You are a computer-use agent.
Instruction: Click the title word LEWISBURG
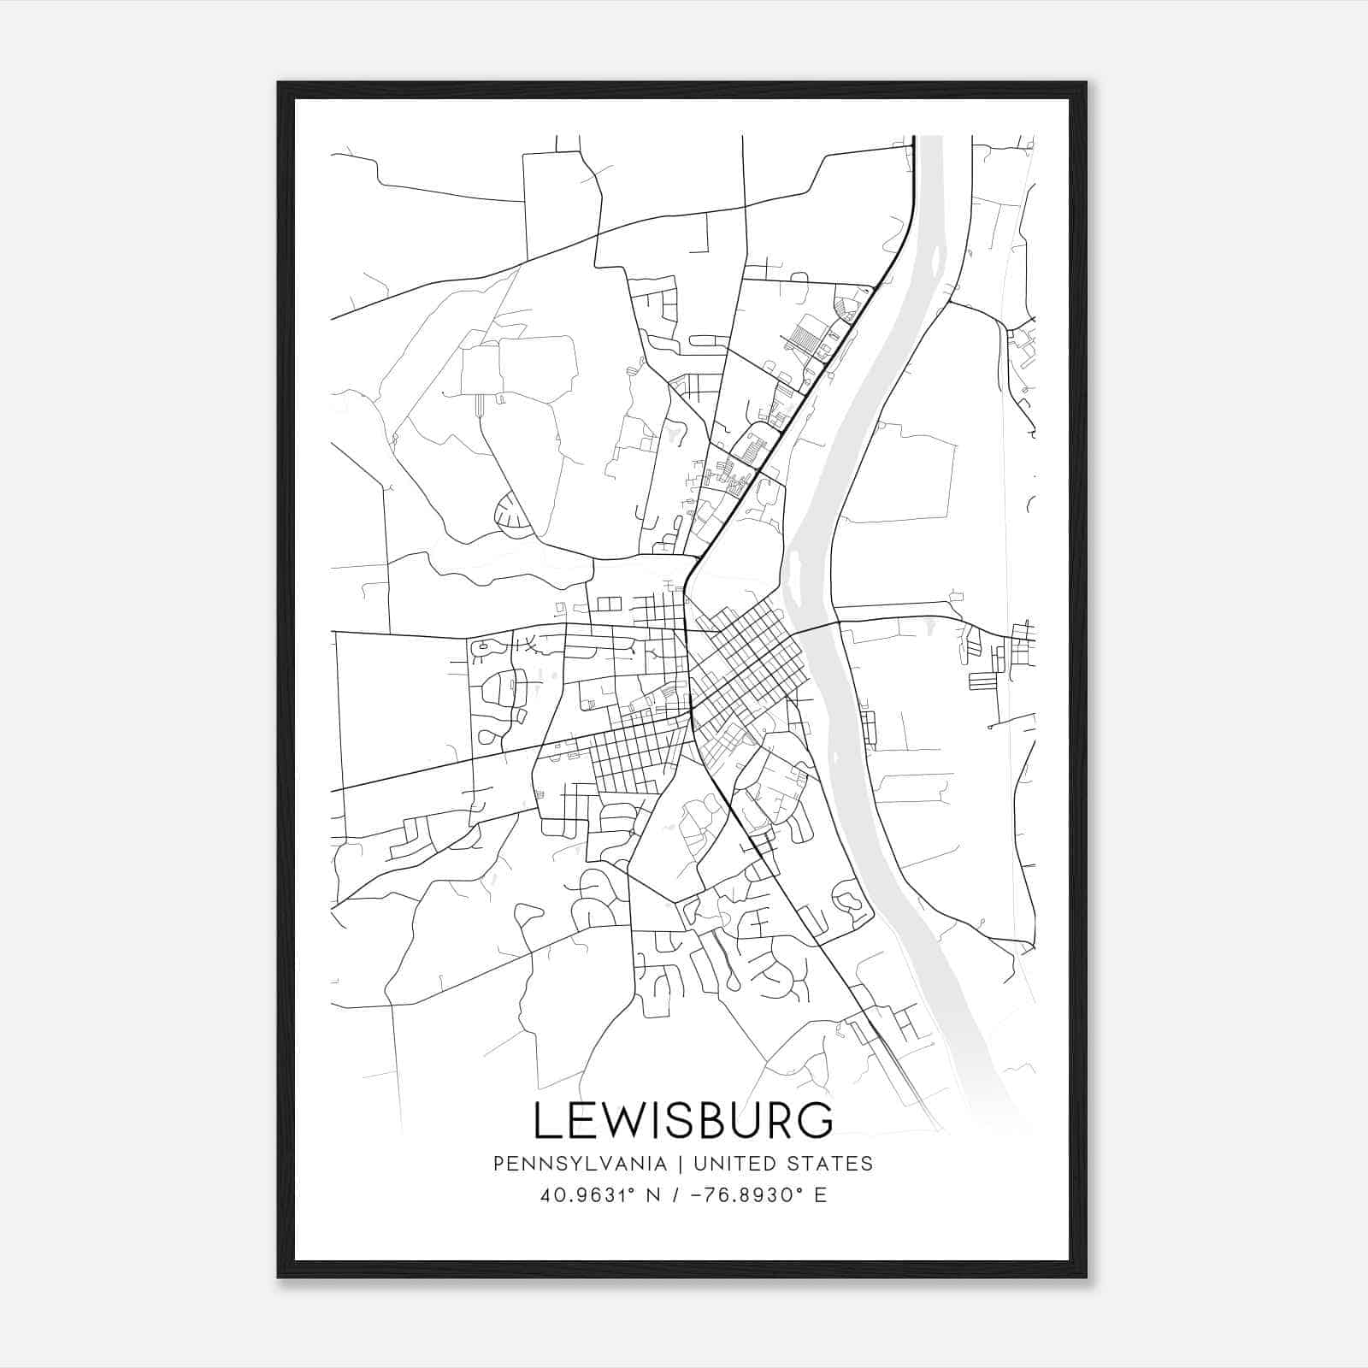pos(683,1120)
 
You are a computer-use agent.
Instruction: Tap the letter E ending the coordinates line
pos(821,1195)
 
